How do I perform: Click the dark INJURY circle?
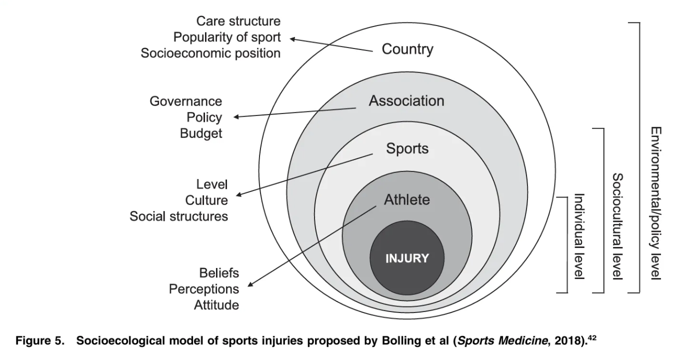(406, 258)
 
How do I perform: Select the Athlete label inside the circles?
(406, 200)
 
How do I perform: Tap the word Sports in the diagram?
(407, 148)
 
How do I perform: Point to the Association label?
(406, 100)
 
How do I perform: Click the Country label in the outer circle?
(407, 49)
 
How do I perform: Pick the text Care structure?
(238, 21)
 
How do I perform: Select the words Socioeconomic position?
(210, 53)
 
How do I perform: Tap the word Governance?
(185, 101)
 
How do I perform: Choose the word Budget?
(201, 134)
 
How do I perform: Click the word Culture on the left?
(206, 200)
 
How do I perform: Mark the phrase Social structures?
(178, 216)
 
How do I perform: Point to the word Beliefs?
(218, 273)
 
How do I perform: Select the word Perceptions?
(203, 289)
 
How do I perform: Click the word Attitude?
(216, 305)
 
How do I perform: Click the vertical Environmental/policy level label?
(655, 203)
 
